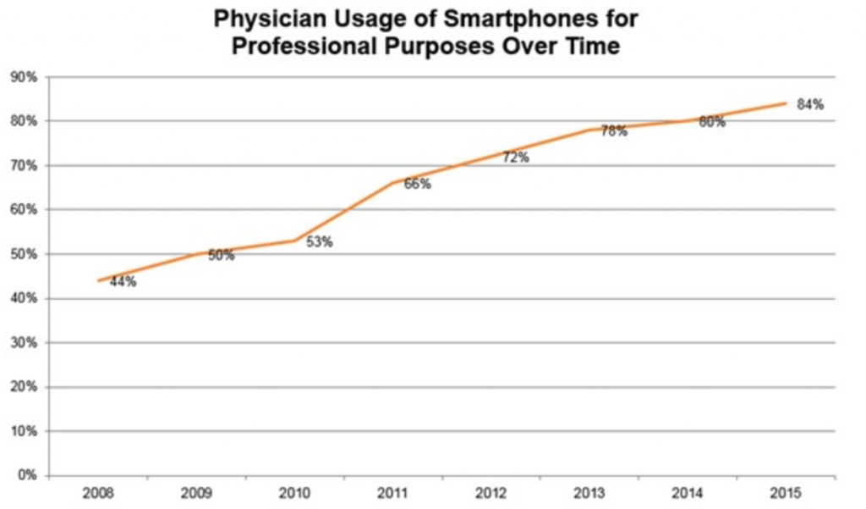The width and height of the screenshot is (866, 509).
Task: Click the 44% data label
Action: (x=123, y=283)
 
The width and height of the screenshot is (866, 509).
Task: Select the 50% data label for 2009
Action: (x=221, y=255)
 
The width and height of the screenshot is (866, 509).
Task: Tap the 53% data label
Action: (x=319, y=242)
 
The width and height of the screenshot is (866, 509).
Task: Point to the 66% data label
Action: (x=417, y=184)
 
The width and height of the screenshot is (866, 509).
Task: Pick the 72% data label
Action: (x=515, y=157)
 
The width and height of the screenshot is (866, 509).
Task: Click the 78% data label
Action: (x=613, y=131)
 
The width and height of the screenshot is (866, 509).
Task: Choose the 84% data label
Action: (x=810, y=105)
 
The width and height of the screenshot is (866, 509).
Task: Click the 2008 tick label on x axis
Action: (x=98, y=492)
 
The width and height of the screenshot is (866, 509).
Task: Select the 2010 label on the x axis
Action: (x=294, y=492)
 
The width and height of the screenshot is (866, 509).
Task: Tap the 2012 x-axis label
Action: (x=491, y=492)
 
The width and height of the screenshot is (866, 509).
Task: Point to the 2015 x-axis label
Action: (x=786, y=492)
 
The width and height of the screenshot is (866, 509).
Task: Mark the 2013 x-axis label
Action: (x=589, y=492)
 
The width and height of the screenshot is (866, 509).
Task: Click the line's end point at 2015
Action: (x=786, y=103)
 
